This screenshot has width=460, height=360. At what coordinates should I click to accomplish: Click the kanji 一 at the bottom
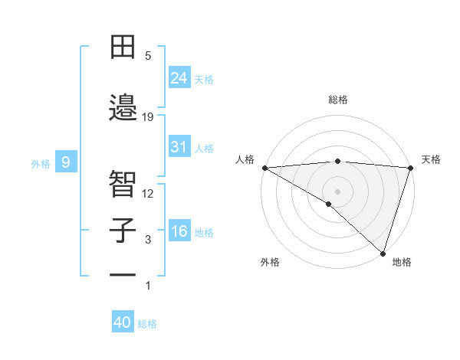coord(123,275)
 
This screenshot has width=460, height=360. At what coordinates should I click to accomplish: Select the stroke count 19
coord(148,116)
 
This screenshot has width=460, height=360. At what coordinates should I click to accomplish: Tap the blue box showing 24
coord(179,77)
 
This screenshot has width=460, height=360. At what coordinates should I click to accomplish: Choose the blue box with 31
coord(179,147)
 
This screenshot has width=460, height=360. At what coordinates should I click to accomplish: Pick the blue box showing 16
coord(179,231)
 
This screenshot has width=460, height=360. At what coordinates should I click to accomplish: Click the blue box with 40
coord(123,322)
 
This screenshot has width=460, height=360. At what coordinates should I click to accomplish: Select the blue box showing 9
coord(67,162)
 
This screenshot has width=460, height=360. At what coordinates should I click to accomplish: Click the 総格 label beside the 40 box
coord(147,324)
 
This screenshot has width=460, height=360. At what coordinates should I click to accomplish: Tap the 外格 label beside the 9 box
coord(41,163)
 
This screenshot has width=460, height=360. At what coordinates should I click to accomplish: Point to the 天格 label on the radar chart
coord(431,159)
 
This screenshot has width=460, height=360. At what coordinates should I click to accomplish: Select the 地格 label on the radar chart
coord(402,262)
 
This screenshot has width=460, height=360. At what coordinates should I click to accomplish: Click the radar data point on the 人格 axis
coord(264,168)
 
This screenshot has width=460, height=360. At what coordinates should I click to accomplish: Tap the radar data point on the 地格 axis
coord(383,253)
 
